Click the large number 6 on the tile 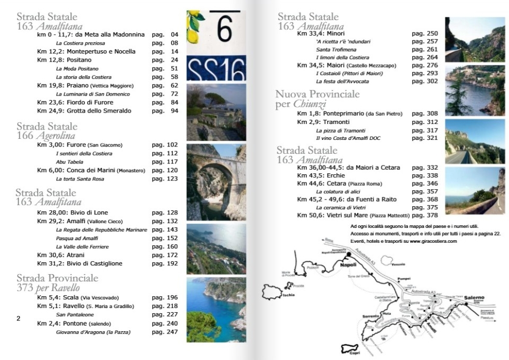[224, 28]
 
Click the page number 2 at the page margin [19, 319]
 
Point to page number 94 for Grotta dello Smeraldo [174, 111]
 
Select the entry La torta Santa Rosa [80, 179]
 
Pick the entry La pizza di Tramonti [340, 131]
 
